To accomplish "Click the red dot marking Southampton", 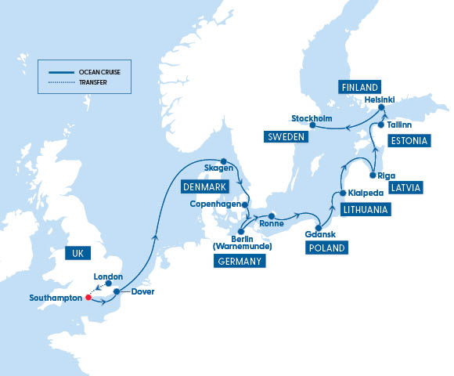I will (88, 298).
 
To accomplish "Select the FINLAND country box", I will (359, 86).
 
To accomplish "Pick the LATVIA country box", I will (405, 188).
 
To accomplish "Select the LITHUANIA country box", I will (364, 210).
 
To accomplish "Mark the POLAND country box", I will (326, 248).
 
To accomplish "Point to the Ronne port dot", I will (270, 215).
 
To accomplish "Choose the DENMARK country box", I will (204, 187).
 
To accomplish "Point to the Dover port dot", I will (116, 292).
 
